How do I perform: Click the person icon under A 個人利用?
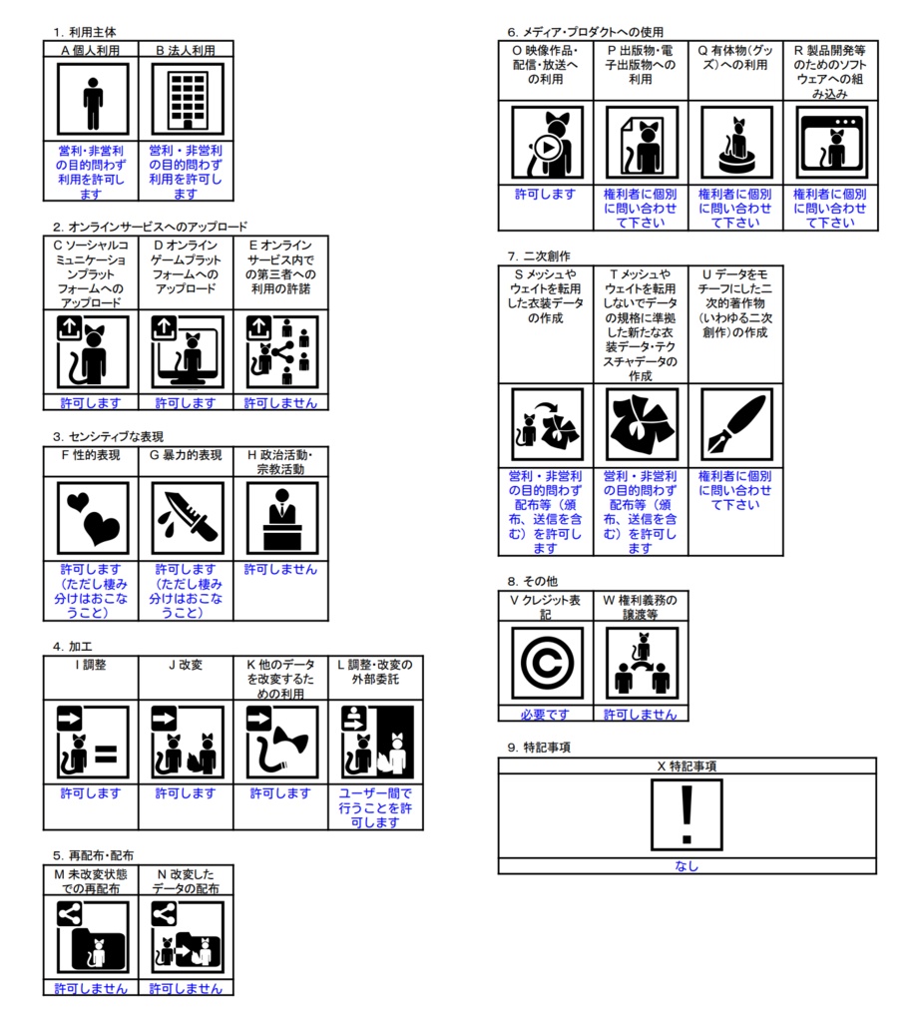tap(93, 99)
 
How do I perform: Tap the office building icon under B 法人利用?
tap(188, 99)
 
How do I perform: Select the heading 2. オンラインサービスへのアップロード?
tap(150, 227)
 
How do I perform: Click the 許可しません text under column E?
tap(280, 403)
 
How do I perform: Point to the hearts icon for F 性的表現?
tap(93, 518)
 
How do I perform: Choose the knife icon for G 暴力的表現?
tap(188, 518)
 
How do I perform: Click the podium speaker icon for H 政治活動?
tap(282, 518)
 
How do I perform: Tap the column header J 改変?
tap(186, 665)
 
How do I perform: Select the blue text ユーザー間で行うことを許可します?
tap(375, 807)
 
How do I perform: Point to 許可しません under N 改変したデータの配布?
tap(186, 989)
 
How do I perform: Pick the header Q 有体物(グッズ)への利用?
tap(735, 57)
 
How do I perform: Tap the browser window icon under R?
tap(831, 143)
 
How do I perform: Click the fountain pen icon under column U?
tap(736, 424)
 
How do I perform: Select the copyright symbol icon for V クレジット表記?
tap(547, 663)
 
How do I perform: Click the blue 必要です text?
tap(545, 715)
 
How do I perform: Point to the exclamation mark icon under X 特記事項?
tap(687, 814)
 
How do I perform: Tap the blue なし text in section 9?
tap(687, 865)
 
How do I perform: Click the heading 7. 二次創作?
tap(539, 256)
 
